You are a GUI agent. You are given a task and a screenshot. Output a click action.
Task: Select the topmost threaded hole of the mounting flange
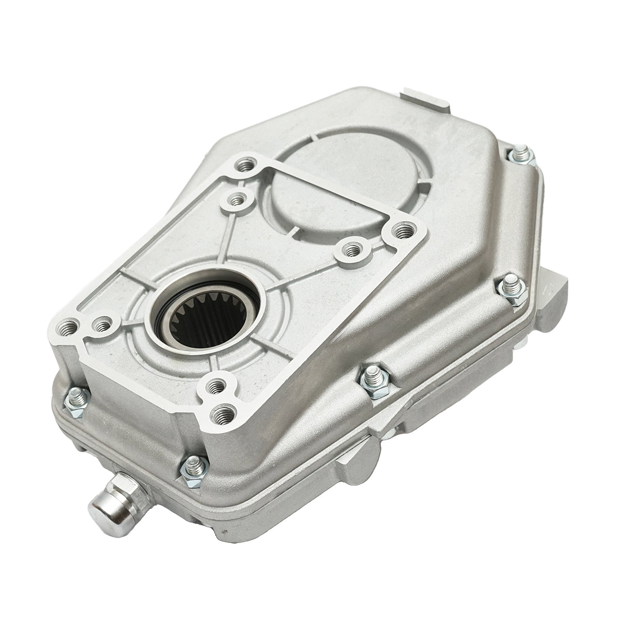[x=243, y=166]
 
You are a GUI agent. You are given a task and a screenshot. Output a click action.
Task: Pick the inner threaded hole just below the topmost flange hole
[x=237, y=198]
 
